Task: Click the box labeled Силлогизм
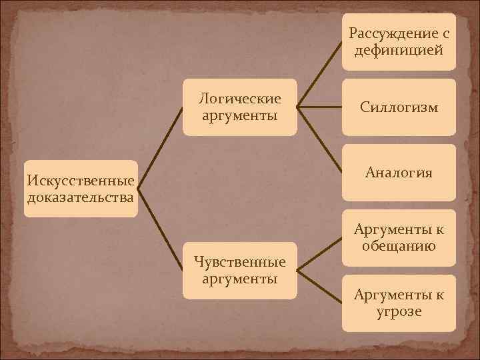coord(399,107)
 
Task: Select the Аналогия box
coord(399,172)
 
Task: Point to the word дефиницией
coord(399,49)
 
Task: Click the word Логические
coord(239,99)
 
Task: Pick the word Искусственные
coord(80,181)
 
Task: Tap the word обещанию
coord(399,246)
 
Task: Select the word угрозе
coord(399,311)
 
